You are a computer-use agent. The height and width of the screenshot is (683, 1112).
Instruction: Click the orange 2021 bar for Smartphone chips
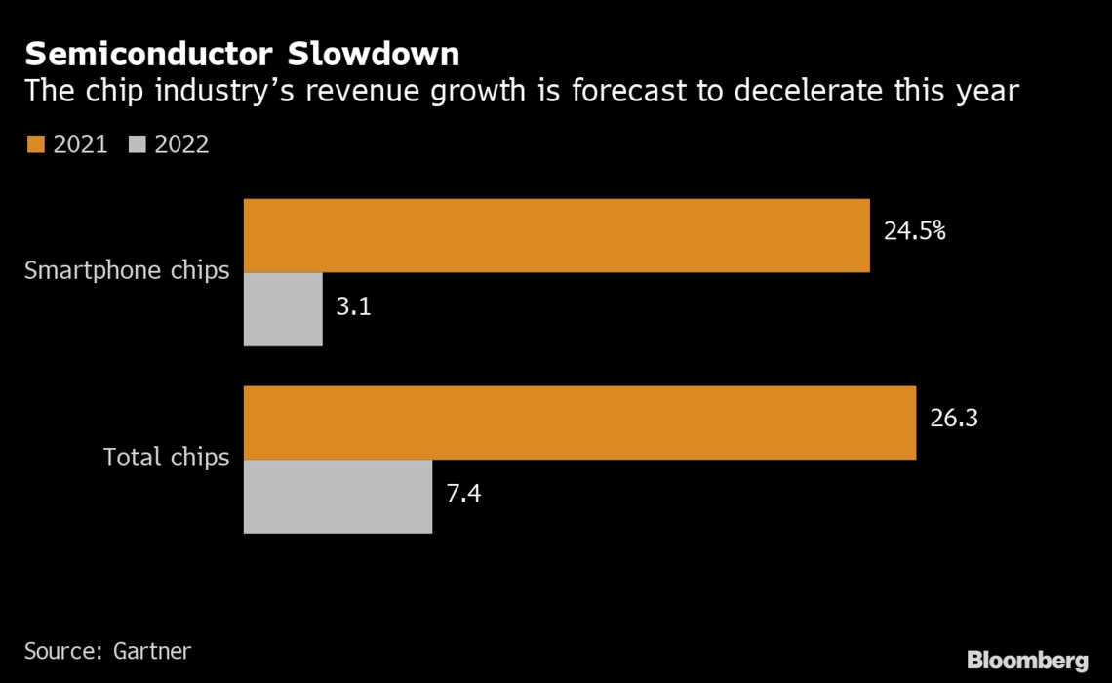pos(556,235)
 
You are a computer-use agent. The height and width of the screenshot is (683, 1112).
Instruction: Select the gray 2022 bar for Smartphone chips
pos(283,309)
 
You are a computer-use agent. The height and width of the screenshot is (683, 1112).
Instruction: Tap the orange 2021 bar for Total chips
pos(579,422)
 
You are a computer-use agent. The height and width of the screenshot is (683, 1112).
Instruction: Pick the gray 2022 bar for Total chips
pos(338,497)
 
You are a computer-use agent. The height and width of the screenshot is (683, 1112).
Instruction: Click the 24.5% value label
pos(915,234)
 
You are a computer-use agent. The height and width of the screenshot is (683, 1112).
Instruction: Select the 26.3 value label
pos(954,419)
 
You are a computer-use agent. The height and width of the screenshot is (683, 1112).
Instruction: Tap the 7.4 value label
pos(463,493)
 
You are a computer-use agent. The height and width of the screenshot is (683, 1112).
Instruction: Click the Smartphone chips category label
pos(127,270)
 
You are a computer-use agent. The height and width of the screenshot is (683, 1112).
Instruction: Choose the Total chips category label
pos(167,457)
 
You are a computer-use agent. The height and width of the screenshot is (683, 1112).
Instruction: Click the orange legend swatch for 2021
pos(36,144)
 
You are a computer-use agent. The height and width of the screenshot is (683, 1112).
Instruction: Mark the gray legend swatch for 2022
pos(138,144)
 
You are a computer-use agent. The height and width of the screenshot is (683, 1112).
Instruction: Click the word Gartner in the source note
pos(150,650)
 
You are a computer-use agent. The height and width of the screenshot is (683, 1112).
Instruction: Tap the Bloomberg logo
pos(1027,660)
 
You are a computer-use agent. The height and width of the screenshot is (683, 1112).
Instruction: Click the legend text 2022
pos(181,144)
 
